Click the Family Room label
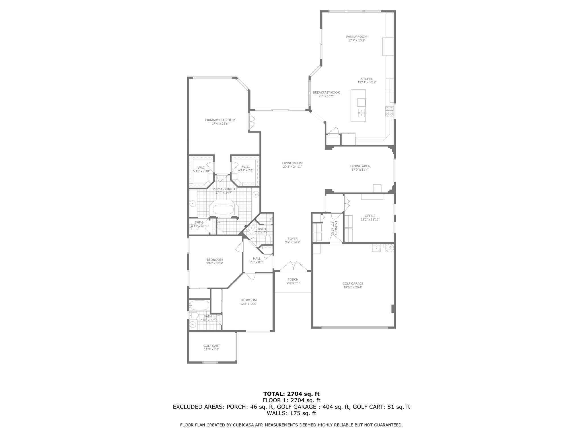(357, 37)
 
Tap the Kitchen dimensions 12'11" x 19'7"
(367, 83)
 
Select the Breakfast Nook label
(326, 92)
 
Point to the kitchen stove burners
(389, 112)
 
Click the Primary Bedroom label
(220, 120)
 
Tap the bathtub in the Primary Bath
(223, 210)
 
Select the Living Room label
(292, 163)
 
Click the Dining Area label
(360, 166)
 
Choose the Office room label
(370, 216)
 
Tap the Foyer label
(293, 239)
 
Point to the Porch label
(293, 280)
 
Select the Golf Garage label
(353, 284)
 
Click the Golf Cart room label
(212, 346)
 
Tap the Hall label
(257, 259)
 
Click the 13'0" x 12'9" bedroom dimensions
(215, 263)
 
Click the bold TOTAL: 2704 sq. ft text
(291, 394)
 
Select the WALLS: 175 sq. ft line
(291, 413)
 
